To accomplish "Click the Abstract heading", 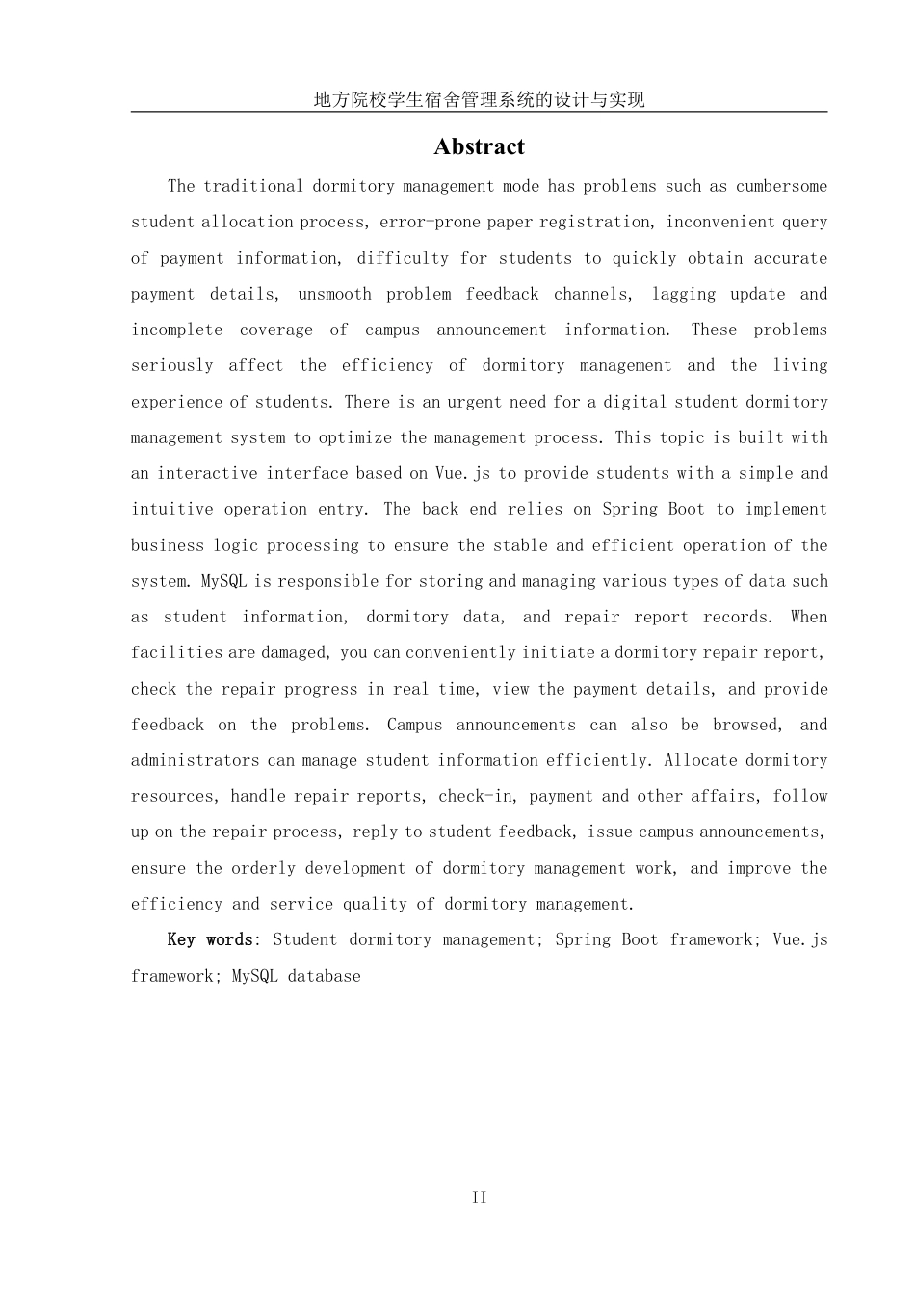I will click(479, 146).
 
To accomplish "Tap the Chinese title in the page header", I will click(479, 99).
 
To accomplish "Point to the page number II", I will click(479, 1197).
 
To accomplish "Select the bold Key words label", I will click(210, 939).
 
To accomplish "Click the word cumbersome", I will click(781, 186).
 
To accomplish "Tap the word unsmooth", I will click(334, 294).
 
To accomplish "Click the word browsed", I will click(747, 725).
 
